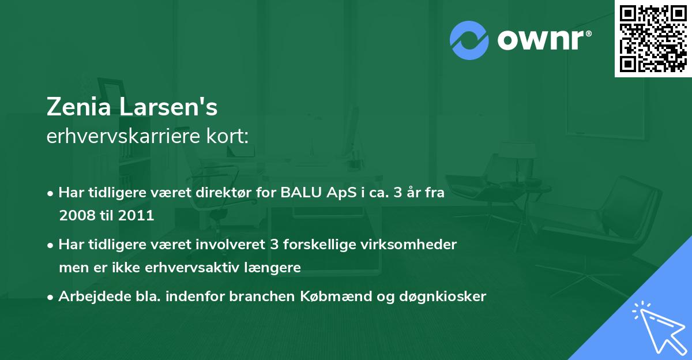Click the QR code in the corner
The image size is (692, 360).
653,38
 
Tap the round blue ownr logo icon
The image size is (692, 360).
469,40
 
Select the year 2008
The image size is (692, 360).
80,216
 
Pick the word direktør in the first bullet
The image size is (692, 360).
222,193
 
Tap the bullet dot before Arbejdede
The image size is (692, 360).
51,297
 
